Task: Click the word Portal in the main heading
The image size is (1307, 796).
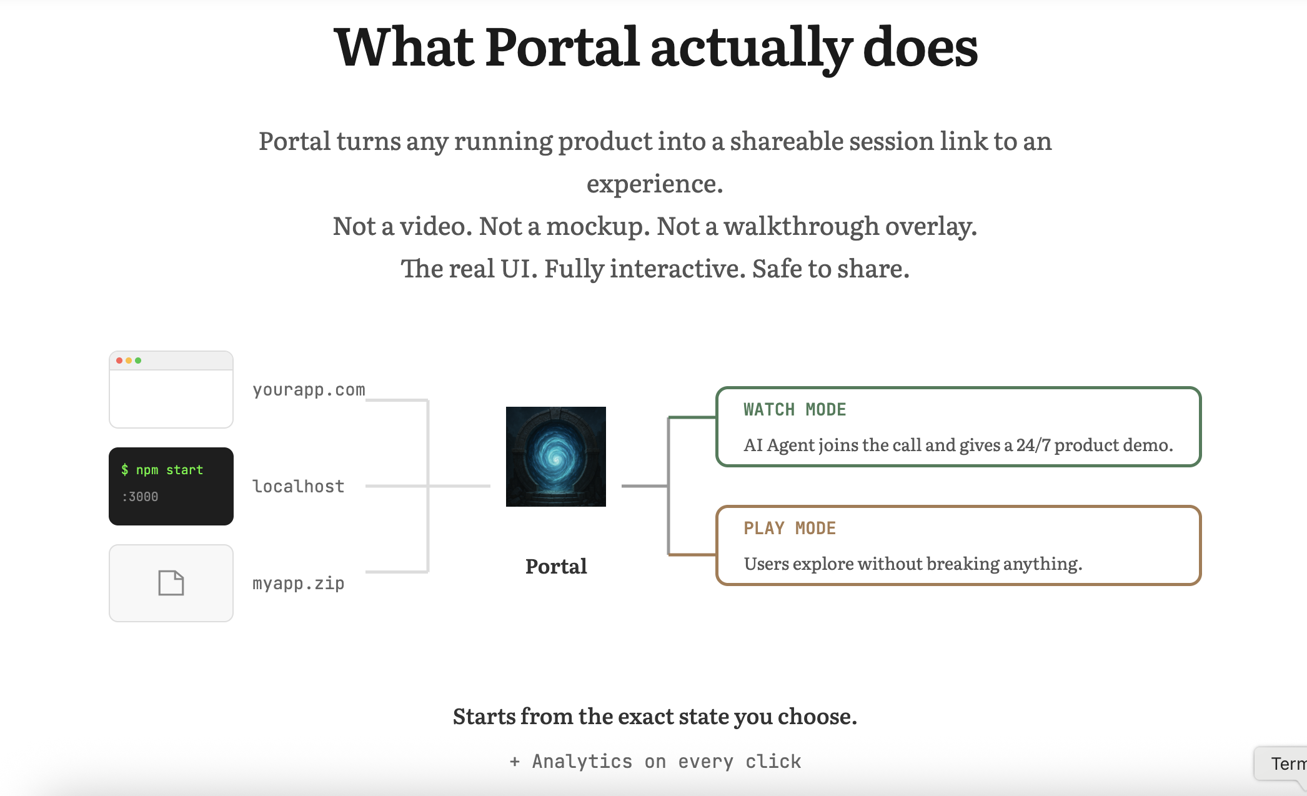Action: [x=562, y=47]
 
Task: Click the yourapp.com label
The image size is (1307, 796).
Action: [x=309, y=390]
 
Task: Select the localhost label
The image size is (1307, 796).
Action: [x=298, y=486]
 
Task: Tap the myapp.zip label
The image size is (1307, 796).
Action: [x=298, y=583]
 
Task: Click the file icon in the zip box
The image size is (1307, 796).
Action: [x=171, y=583]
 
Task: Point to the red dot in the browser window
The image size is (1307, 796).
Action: [x=119, y=361]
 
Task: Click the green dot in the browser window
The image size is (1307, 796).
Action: [x=138, y=361]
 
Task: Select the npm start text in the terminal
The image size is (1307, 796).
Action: [x=169, y=470]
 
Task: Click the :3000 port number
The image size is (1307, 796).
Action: [x=140, y=497]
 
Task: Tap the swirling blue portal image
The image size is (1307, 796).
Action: [x=555, y=457]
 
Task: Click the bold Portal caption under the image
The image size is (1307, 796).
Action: [x=555, y=566]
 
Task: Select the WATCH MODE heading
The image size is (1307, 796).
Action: [x=794, y=410]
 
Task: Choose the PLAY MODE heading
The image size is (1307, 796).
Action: [x=789, y=529]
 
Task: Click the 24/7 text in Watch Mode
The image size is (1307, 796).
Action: [x=1033, y=445]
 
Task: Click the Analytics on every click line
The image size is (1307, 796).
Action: [x=655, y=762]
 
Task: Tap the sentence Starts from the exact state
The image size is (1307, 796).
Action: [x=654, y=716]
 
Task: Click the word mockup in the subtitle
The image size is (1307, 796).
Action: [x=594, y=226]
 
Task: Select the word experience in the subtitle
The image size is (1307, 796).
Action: [x=654, y=184]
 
